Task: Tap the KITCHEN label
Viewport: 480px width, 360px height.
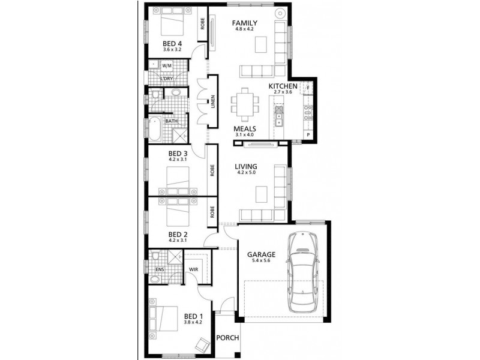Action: point(283,86)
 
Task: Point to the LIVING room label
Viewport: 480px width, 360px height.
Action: point(246,166)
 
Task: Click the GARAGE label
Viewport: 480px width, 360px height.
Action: point(262,254)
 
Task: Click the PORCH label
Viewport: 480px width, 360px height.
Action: point(227,338)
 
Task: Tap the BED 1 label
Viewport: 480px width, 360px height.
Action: point(193,316)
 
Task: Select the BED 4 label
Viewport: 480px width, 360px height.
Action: point(172,43)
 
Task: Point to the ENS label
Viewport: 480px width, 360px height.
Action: point(160,269)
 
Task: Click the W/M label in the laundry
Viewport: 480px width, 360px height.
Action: point(167,65)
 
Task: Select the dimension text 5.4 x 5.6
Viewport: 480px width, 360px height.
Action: point(262,261)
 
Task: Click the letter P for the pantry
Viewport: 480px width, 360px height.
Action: point(308,135)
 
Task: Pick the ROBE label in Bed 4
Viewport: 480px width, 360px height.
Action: point(203,23)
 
